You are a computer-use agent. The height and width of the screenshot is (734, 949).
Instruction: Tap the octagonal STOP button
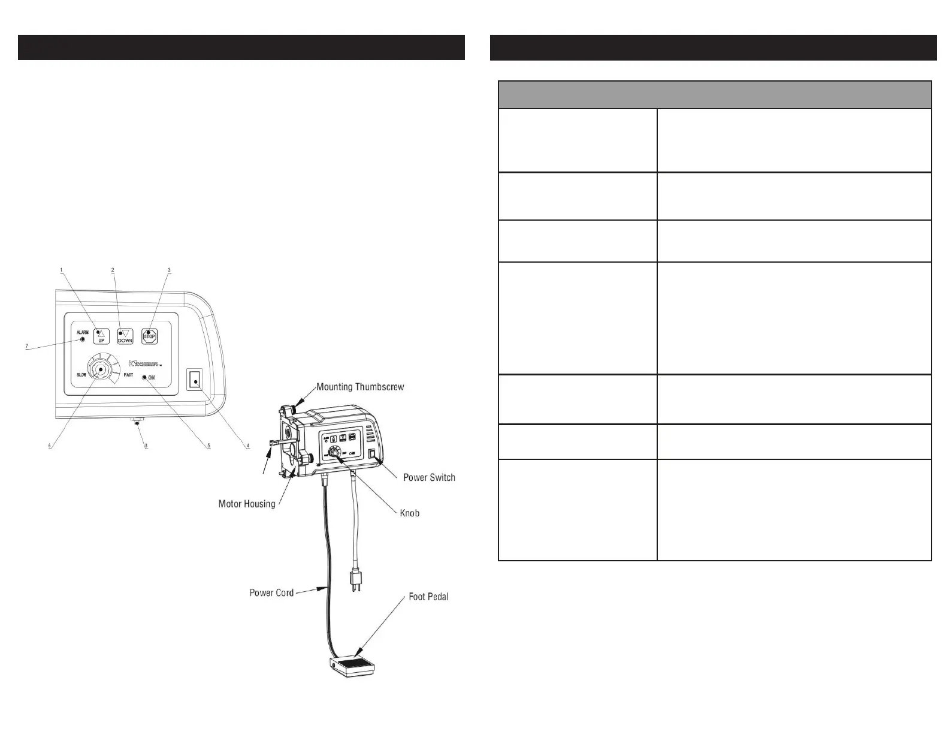click(x=149, y=336)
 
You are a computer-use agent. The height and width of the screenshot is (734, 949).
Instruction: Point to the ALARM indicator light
click(x=83, y=340)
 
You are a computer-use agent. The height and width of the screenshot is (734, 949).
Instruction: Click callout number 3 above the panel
click(x=169, y=270)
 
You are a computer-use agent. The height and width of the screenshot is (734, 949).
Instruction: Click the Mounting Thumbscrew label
click(x=360, y=387)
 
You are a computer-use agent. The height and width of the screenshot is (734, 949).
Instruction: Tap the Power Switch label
click(x=429, y=478)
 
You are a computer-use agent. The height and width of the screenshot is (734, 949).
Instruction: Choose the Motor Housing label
click(x=247, y=504)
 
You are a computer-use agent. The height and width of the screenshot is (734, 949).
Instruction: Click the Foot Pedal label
click(x=428, y=597)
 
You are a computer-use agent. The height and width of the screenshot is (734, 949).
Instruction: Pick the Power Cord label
click(x=271, y=593)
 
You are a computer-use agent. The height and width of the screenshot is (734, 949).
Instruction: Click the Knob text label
click(x=410, y=513)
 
